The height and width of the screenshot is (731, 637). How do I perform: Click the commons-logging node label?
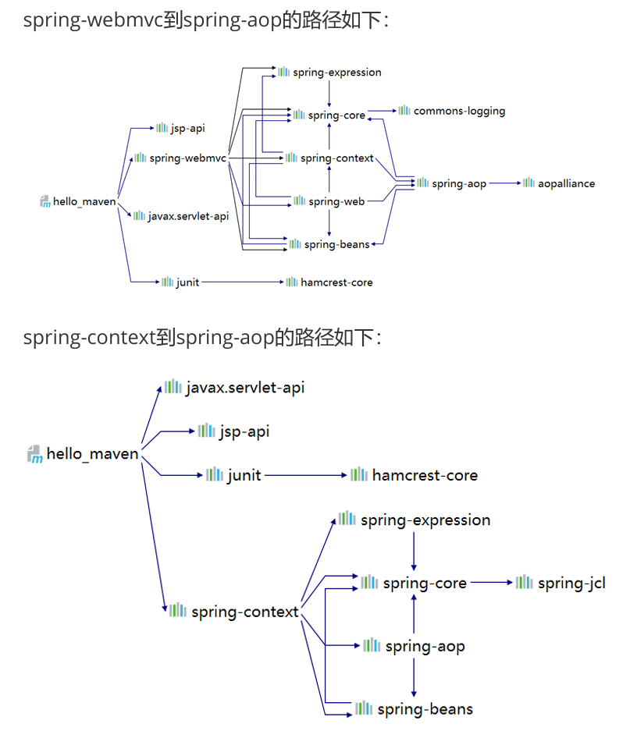tap(459, 111)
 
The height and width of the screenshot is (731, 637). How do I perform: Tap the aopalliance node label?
tap(566, 183)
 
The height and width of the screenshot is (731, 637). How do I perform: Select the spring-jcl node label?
tap(571, 583)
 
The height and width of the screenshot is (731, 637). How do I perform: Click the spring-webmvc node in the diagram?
tap(187, 158)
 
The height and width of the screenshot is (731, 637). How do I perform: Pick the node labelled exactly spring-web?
tap(336, 201)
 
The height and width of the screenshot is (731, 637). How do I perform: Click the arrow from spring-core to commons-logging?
tap(382, 111)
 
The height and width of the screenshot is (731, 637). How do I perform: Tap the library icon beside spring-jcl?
tap(525, 582)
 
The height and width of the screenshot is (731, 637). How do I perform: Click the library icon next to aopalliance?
tap(528, 183)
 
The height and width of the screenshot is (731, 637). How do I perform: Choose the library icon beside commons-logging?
tap(404, 110)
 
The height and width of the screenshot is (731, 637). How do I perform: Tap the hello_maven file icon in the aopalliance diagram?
tap(44, 202)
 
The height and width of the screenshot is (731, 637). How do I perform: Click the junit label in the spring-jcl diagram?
tap(244, 475)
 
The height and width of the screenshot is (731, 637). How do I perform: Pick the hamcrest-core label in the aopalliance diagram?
tap(336, 282)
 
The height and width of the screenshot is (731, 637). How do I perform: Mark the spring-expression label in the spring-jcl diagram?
tap(425, 520)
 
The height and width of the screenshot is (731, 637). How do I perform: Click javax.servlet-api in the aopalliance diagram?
tap(188, 216)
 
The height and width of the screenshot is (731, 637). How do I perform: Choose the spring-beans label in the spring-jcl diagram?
tap(425, 709)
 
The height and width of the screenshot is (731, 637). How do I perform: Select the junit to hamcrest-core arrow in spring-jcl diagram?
tap(304, 474)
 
